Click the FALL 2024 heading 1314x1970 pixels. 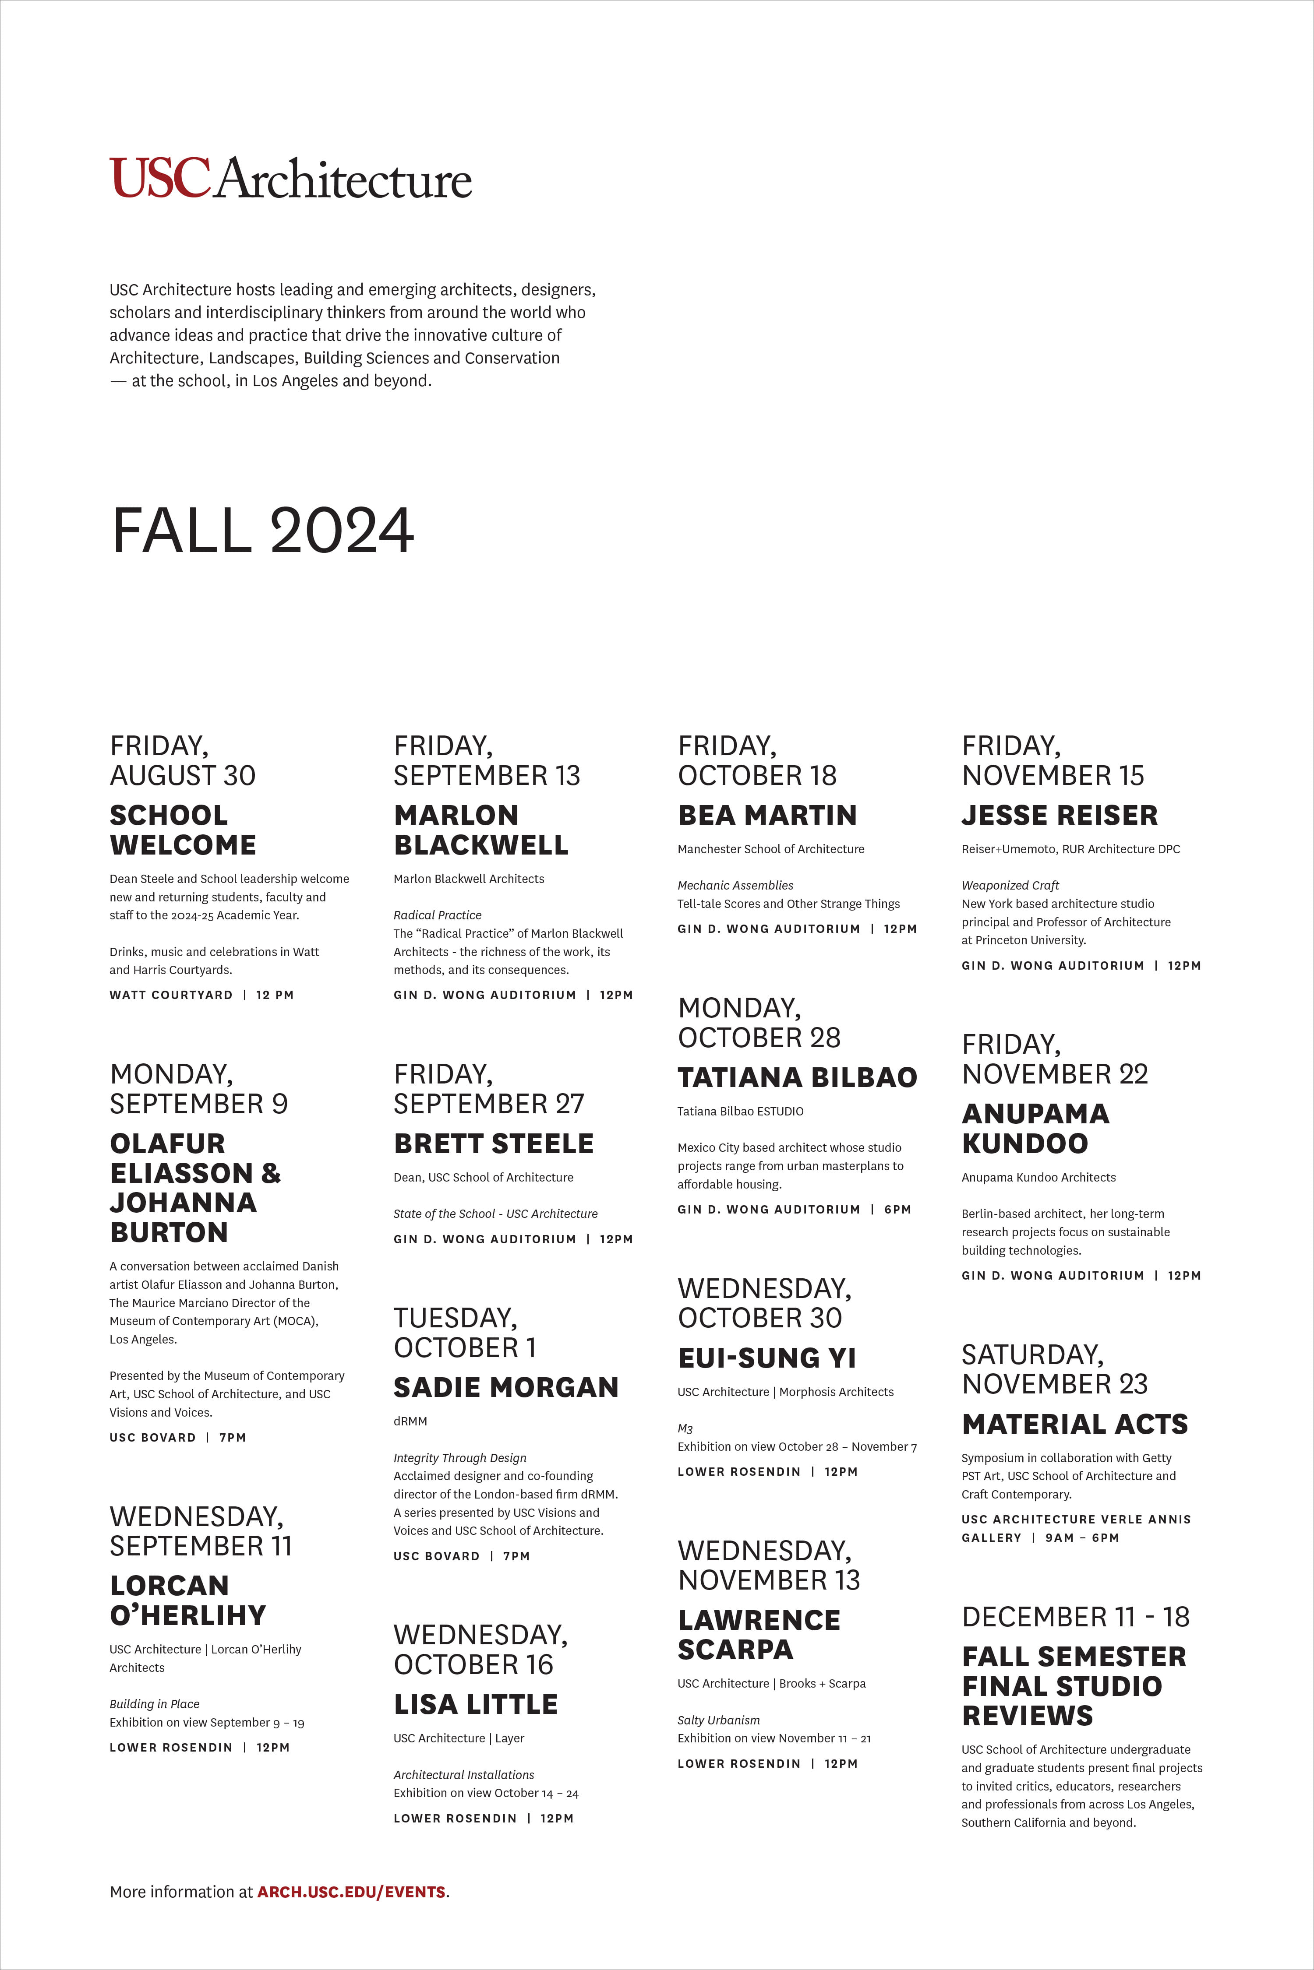coord(262,531)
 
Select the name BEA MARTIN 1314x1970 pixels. coord(767,815)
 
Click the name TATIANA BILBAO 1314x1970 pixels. coord(797,1077)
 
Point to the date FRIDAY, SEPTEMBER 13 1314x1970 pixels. coord(486,760)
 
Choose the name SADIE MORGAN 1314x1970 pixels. coord(505,1388)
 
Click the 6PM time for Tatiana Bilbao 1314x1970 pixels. coord(897,1210)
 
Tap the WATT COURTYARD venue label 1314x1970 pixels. coord(171,995)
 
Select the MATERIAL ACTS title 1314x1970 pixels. coord(1074,1424)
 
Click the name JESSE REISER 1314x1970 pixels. coord(1059,815)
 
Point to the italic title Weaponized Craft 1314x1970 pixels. coord(1010,885)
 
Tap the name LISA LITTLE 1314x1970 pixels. coord(475,1704)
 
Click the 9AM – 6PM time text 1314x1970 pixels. coord(1082,1538)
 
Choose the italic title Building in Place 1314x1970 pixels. coord(154,1704)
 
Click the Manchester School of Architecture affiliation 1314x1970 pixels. coord(770,849)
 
